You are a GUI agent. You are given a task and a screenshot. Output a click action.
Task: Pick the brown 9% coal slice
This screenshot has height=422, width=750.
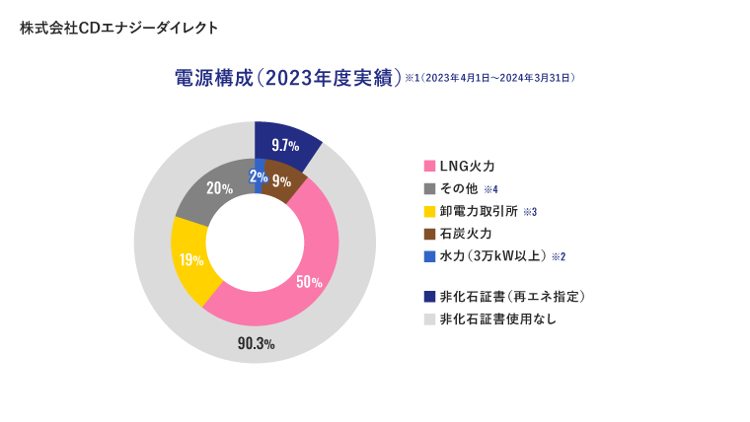pos(281,179)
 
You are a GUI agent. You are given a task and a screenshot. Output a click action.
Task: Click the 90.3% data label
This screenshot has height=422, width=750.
pos(256,343)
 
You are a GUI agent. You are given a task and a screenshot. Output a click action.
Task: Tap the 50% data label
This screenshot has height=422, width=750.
pos(309,281)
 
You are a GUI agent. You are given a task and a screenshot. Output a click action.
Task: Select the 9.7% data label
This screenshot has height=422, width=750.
pos(285,145)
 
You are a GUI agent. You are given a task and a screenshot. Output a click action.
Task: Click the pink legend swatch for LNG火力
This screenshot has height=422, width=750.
pos(429,166)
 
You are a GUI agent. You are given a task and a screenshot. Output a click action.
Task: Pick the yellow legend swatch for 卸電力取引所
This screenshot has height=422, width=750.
pos(429,211)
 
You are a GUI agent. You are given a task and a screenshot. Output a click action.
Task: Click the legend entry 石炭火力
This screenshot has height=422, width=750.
pos(465,234)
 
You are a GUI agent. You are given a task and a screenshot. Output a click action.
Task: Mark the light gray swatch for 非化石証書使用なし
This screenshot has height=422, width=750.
pos(429,318)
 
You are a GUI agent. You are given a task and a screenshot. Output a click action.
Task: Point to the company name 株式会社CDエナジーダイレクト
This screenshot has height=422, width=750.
pos(119,28)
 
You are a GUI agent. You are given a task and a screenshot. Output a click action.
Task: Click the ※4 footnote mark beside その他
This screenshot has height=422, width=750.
pos(490,189)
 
